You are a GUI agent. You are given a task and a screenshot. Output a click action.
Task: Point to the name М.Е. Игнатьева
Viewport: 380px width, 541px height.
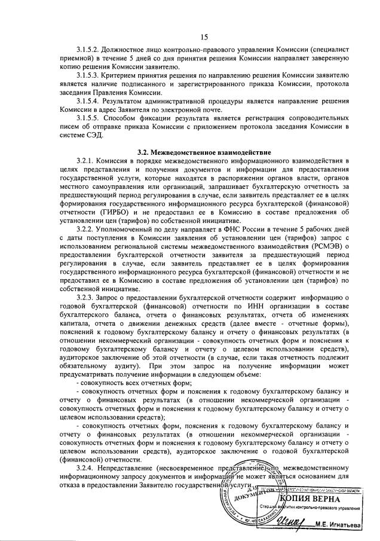[344, 526]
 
